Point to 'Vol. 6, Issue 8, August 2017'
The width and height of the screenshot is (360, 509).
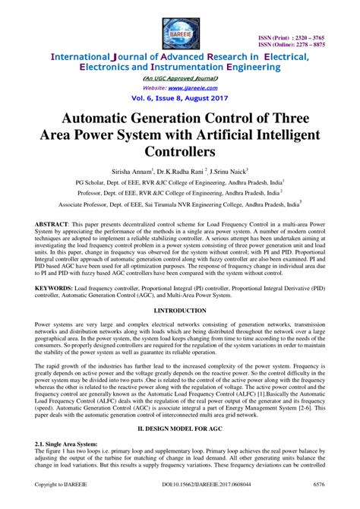pos(179,99)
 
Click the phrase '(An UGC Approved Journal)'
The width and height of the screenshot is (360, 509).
pos(179,77)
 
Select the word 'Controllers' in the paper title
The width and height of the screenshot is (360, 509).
pos(180,152)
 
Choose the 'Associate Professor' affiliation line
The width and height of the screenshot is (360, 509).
pos(179,204)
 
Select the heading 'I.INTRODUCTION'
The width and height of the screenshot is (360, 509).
pos(179,311)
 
